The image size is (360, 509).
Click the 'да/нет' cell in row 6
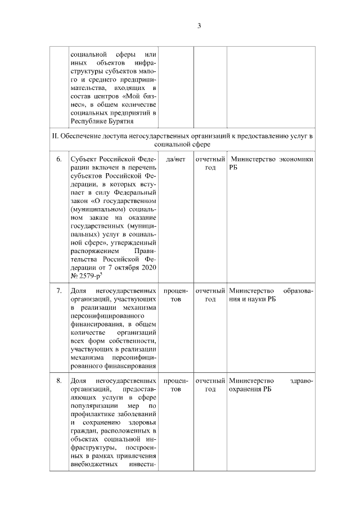[176, 159]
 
